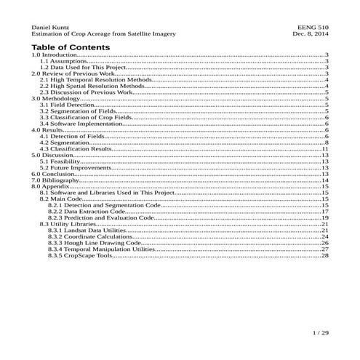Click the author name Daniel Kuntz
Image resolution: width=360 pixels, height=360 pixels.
pyautogui.click(x=49, y=27)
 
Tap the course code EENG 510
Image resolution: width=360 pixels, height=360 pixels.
pyautogui.click(x=314, y=27)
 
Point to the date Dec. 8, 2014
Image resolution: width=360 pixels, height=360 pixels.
pyautogui.click(x=311, y=33)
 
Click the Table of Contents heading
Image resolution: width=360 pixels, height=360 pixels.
pyautogui.click(x=71, y=47)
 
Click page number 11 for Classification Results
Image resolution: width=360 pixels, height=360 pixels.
pyautogui.click(x=326, y=148)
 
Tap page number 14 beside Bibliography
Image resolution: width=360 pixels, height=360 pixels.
pyautogui.click(x=326, y=180)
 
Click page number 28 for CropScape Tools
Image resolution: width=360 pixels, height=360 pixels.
pyautogui.click(x=326, y=255)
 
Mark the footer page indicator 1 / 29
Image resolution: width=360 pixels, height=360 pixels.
pyautogui.click(x=320, y=332)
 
